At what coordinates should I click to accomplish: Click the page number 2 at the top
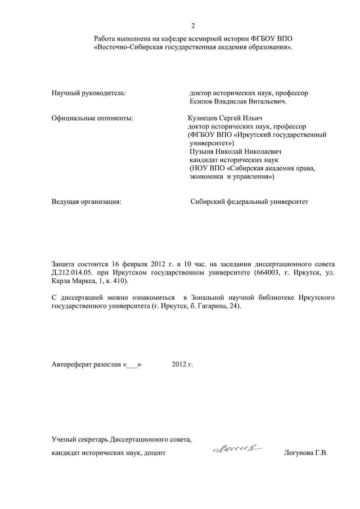(x=193, y=25)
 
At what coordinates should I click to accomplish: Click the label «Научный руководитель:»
(x=89, y=93)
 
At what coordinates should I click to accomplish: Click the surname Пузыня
(x=202, y=152)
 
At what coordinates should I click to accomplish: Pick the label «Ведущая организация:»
(x=87, y=202)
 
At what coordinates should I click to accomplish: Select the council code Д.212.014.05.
(x=73, y=272)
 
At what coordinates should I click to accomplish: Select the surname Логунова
(x=300, y=453)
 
